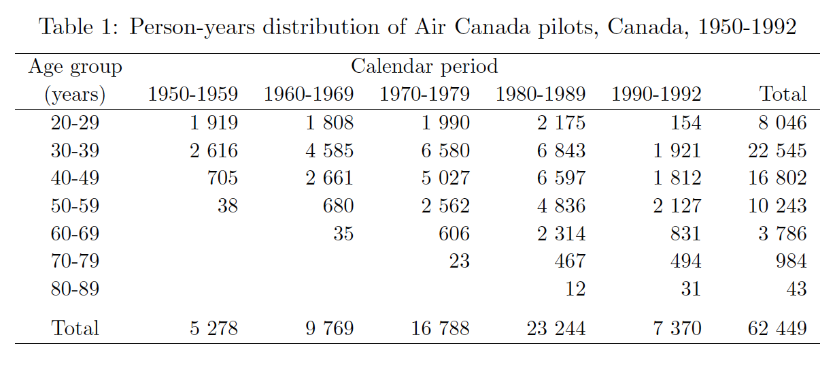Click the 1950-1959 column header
tap(193, 95)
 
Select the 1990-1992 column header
tap(656, 95)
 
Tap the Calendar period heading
tap(424, 67)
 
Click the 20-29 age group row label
tap(75, 123)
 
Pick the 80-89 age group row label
tap(75, 289)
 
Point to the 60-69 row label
tap(75, 234)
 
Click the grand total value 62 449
tap(777, 329)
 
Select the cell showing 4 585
tap(328, 150)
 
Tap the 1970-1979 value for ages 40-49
tap(445, 178)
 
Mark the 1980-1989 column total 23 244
tap(556, 329)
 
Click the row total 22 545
tap(777, 150)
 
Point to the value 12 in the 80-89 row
tap(575, 289)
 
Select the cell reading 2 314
tap(561, 234)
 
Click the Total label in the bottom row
tap(75, 329)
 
